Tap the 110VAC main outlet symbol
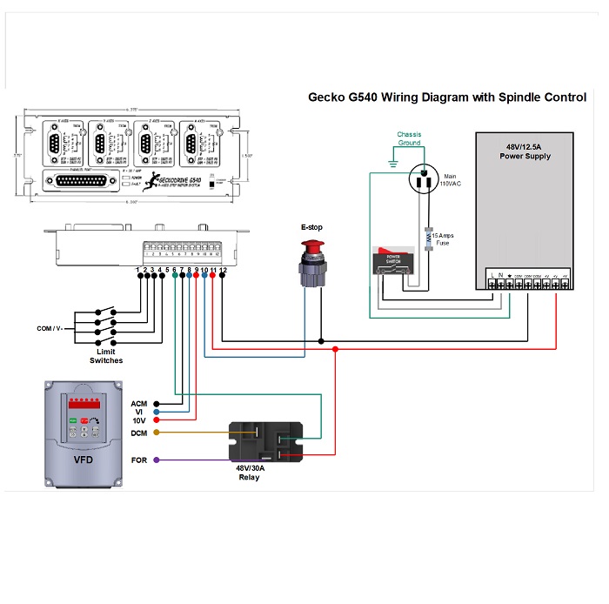coord(425,181)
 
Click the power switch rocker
coord(392,262)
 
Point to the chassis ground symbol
coord(393,164)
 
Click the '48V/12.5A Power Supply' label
coord(527,150)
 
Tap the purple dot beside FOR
coord(157,460)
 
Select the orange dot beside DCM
coord(157,433)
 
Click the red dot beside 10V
coord(157,420)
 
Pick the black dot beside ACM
coord(157,404)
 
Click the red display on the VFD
coord(85,405)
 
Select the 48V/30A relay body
coord(265,441)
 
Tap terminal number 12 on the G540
coord(224,271)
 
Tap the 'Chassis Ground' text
coord(414,139)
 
